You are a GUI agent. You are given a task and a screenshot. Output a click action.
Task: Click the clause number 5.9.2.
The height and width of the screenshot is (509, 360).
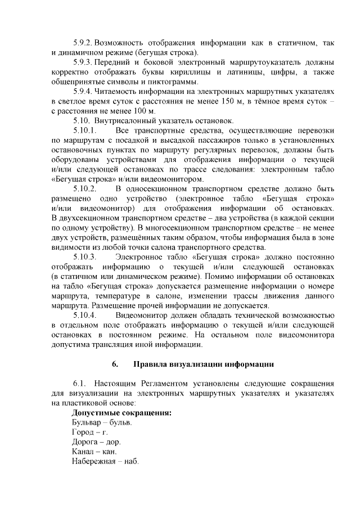(83, 43)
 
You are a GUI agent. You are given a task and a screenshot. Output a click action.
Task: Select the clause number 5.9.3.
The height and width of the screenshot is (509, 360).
(83, 62)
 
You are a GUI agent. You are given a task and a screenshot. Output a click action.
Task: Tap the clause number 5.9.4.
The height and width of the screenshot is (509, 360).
(83, 91)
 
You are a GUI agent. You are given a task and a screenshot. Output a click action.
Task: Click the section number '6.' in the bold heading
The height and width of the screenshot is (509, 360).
(114, 364)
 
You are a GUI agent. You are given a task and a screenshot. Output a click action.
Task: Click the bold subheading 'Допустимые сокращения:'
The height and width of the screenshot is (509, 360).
(122, 413)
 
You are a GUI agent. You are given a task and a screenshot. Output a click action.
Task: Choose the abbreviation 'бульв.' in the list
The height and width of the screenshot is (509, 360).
(121, 422)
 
